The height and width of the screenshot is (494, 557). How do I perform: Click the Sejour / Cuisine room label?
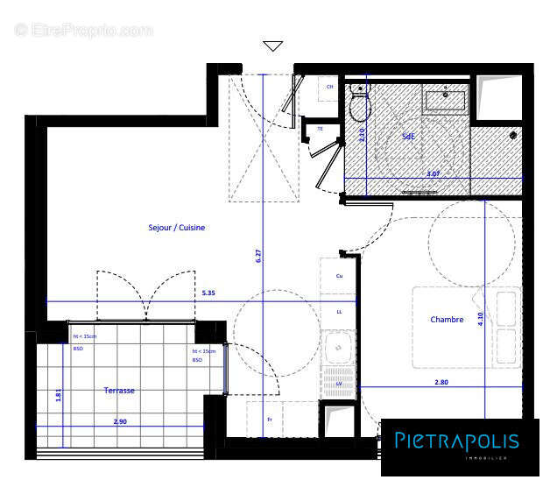coord(176,228)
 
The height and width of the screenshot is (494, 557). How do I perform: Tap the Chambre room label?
coord(447,320)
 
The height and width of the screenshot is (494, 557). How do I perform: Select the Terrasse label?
coord(119,391)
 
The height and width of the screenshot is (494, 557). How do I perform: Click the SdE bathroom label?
coord(408,138)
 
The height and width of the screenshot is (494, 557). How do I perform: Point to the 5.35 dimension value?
coord(209,294)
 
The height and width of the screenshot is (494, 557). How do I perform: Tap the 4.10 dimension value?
coord(480,320)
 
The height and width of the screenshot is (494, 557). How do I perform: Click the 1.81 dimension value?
coord(59,394)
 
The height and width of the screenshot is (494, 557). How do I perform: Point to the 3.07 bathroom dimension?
coord(433,173)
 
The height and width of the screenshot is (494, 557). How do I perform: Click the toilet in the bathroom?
coord(359,104)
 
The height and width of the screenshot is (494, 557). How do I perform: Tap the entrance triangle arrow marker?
coord(273,46)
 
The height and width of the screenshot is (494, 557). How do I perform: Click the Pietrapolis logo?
coord(455,443)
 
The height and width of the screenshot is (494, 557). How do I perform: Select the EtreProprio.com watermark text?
coord(83,30)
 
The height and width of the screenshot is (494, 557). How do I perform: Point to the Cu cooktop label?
coord(339,276)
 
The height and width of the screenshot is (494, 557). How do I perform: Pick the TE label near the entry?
coord(320,129)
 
